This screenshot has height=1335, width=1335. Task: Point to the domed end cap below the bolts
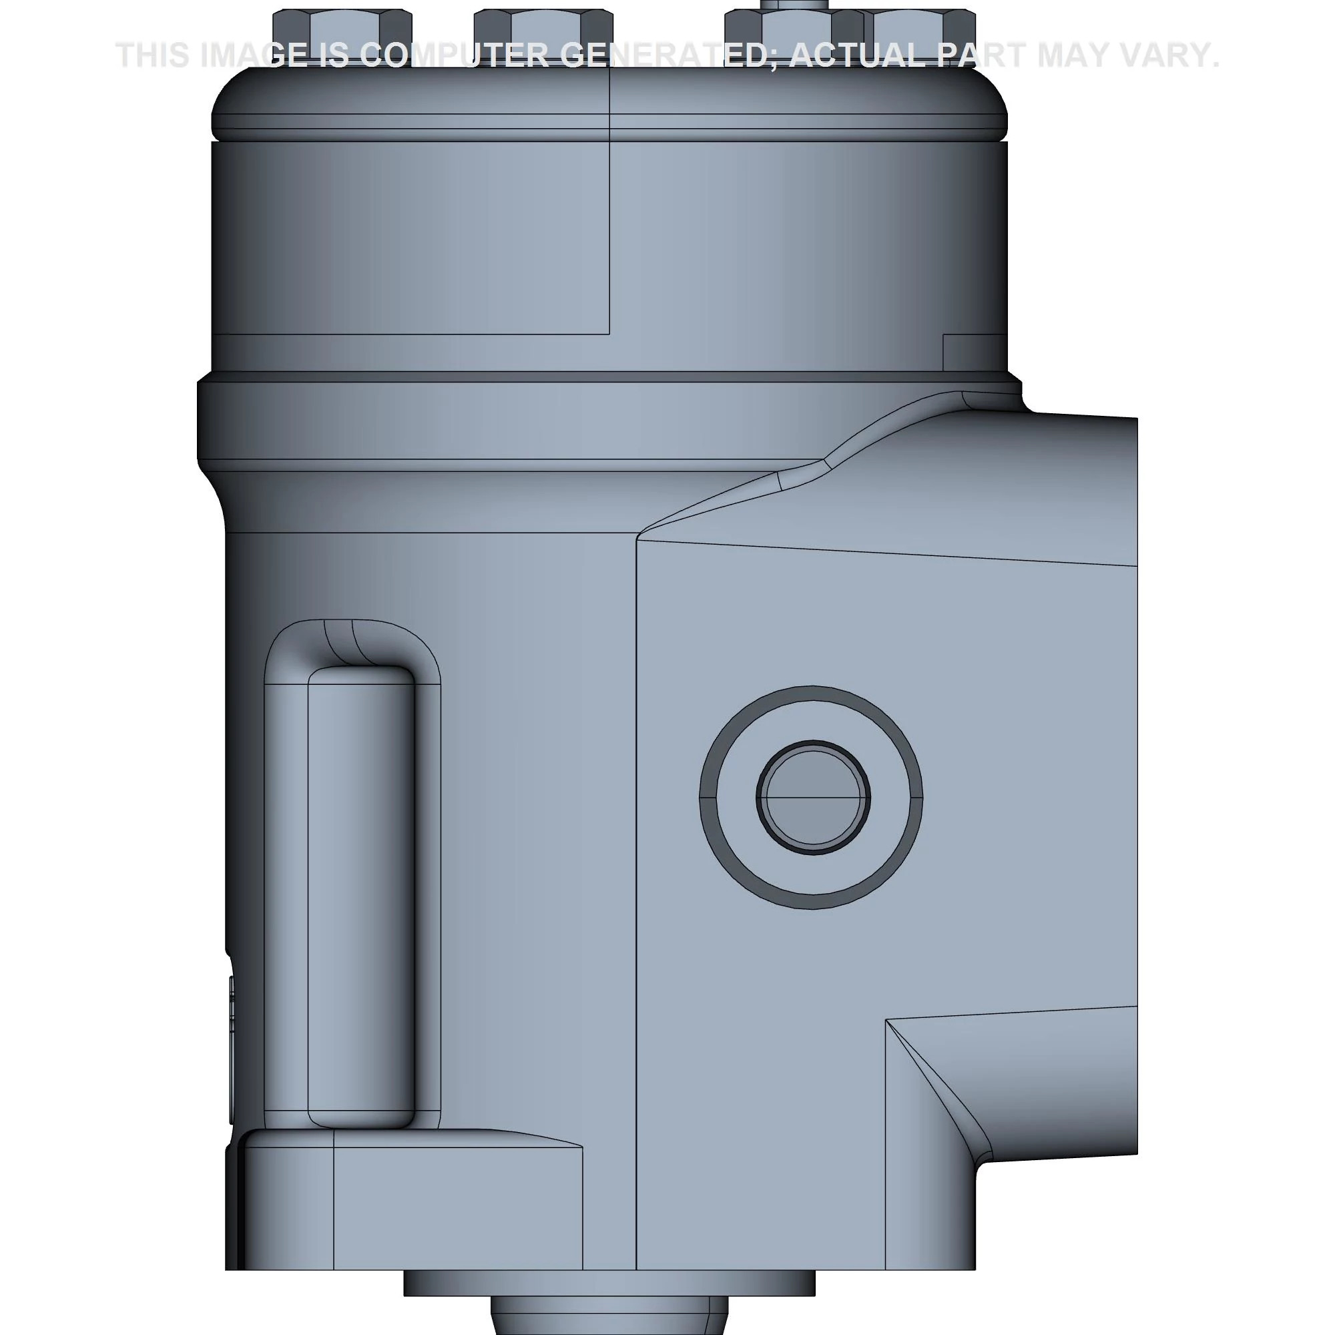tap(608, 100)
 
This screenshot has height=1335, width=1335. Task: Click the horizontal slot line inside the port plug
tap(812, 797)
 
